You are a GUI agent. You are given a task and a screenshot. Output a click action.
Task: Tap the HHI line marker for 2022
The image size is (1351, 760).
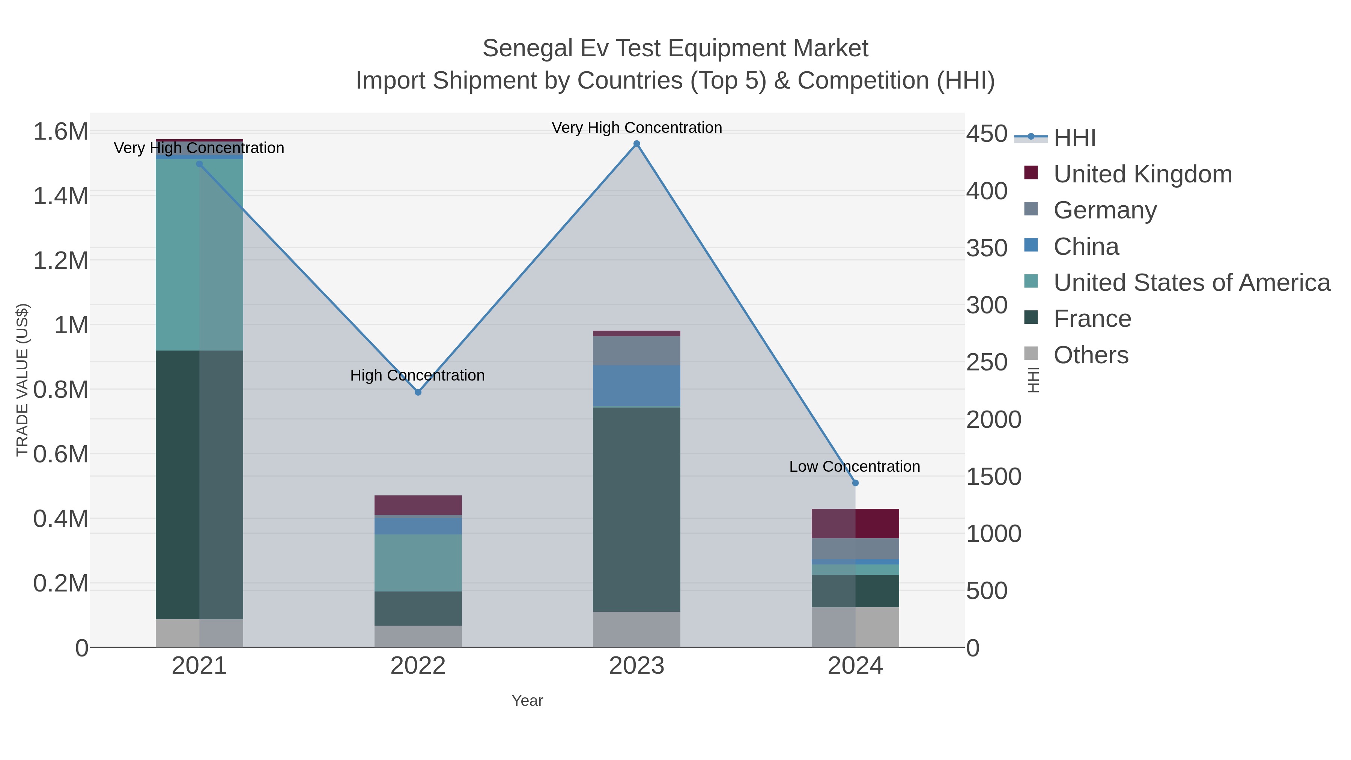(x=418, y=392)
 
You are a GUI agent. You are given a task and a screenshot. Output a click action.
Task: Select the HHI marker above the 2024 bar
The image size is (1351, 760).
(x=855, y=483)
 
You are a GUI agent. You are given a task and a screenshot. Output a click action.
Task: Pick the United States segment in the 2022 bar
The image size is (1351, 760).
(x=418, y=563)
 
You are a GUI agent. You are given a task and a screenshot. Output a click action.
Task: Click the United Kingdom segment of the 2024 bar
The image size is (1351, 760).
(x=855, y=524)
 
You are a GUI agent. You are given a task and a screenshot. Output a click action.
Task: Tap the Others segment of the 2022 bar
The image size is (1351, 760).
(x=418, y=636)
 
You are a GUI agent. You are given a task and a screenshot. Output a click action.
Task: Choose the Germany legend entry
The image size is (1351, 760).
(x=1104, y=210)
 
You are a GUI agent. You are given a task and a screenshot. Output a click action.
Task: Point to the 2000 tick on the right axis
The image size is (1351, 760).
(x=993, y=420)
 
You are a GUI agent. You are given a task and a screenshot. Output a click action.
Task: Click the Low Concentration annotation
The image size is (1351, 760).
(x=855, y=466)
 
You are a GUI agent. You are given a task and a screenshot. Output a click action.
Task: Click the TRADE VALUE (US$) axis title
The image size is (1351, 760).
(x=22, y=380)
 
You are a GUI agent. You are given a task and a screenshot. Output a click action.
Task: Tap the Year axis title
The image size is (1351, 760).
(x=527, y=701)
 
